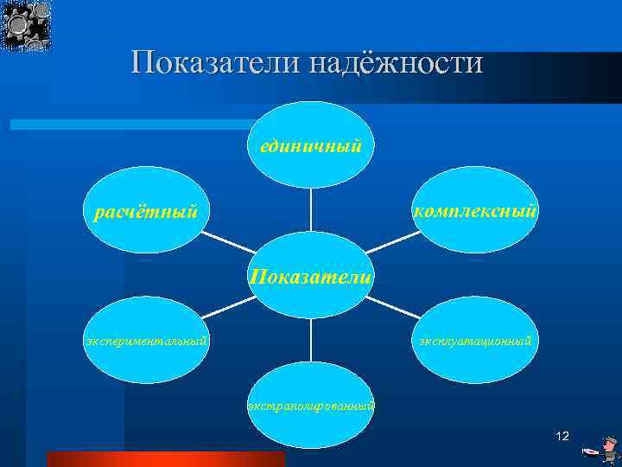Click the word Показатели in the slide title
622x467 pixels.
[206, 63]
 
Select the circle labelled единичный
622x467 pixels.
[311, 144]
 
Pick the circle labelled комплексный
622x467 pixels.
[474, 210]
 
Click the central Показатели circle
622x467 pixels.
[311, 275]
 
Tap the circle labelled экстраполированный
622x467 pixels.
[311, 405]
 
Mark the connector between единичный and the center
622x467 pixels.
[311, 209]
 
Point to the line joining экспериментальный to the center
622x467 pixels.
[225, 310]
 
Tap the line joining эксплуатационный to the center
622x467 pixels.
[397, 310]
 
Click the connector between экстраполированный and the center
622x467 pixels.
[311, 340]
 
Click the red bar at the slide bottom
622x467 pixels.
[165, 459]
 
